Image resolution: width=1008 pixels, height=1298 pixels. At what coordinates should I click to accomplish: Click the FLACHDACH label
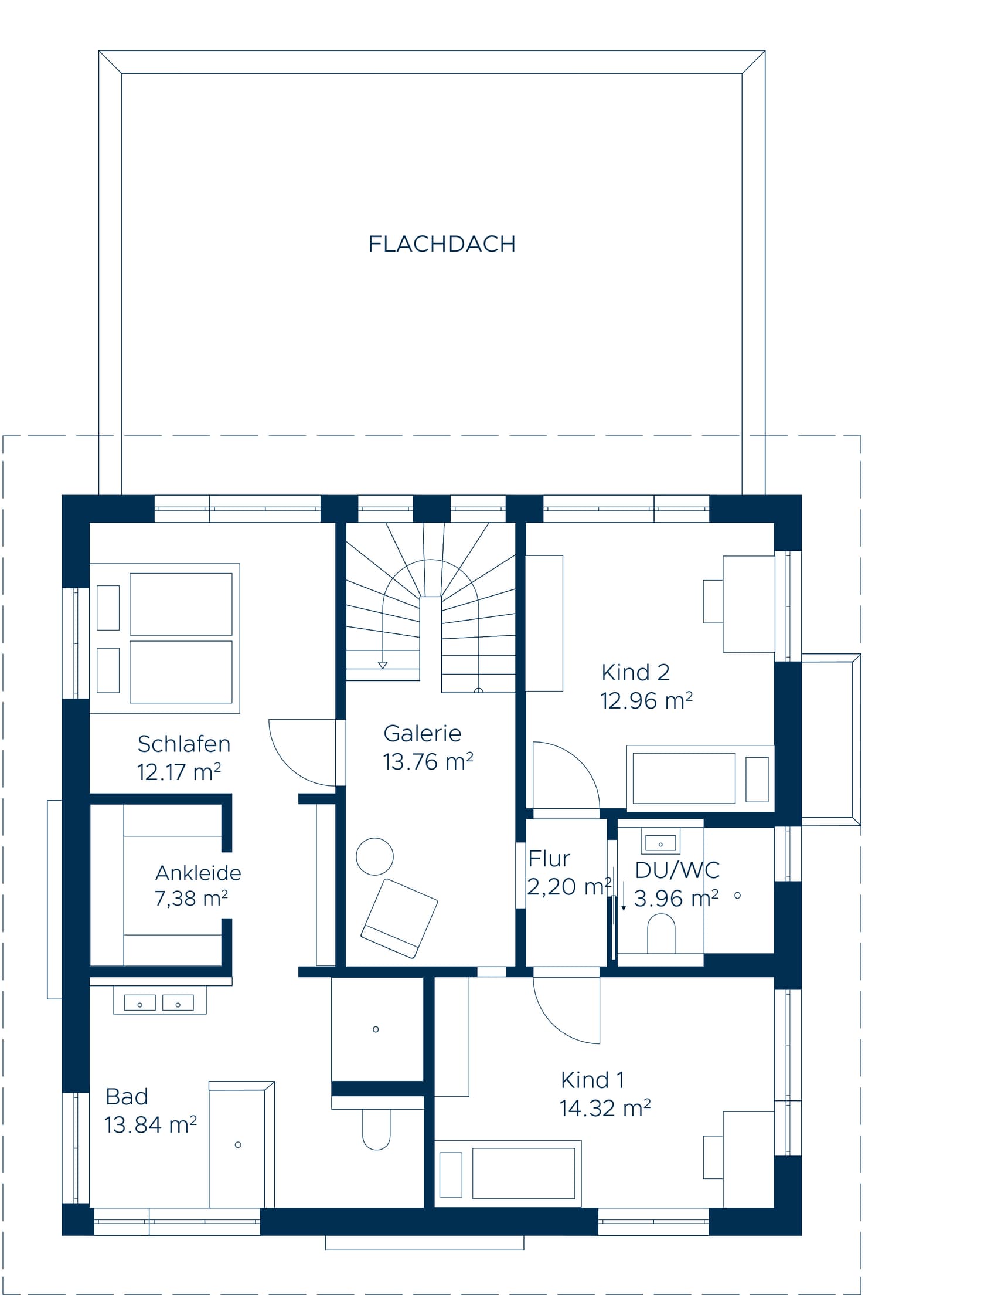pyautogui.click(x=441, y=244)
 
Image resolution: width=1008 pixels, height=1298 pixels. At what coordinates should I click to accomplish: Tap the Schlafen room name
pyautogui.click(x=183, y=744)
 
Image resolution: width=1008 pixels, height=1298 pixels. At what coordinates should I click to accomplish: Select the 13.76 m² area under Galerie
pyautogui.click(x=428, y=762)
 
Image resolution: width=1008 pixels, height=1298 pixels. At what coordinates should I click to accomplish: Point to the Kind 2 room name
pyautogui.click(x=636, y=673)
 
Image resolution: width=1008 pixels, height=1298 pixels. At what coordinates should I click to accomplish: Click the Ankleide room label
pyautogui.click(x=199, y=873)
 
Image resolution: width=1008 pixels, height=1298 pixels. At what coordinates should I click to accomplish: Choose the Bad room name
pyautogui.click(x=127, y=1096)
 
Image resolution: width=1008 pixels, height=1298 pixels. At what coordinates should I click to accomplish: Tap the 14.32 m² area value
pyautogui.click(x=605, y=1109)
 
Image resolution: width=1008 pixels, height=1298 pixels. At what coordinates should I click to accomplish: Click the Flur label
pyautogui.click(x=549, y=858)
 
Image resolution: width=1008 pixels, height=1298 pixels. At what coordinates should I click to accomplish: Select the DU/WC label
pyautogui.click(x=677, y=870)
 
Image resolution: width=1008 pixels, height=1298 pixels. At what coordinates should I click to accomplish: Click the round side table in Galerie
pyautogui.click(x=374, y=856)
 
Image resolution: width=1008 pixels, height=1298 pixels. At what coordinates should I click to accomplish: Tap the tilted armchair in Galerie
pyautogui.click(x=399, y=919)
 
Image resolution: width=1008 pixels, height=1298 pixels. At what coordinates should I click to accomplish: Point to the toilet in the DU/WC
pyautogui.click(x=660, y=934)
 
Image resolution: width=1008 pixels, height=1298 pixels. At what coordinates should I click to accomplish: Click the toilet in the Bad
pyautogui.click(x=376, y=1128)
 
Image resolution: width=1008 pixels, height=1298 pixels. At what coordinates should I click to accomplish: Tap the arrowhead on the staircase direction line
pyautogui.click(x=383, y=665)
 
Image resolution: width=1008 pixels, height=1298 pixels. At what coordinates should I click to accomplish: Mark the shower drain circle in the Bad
pyautogui.click(x=376, y=1029)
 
